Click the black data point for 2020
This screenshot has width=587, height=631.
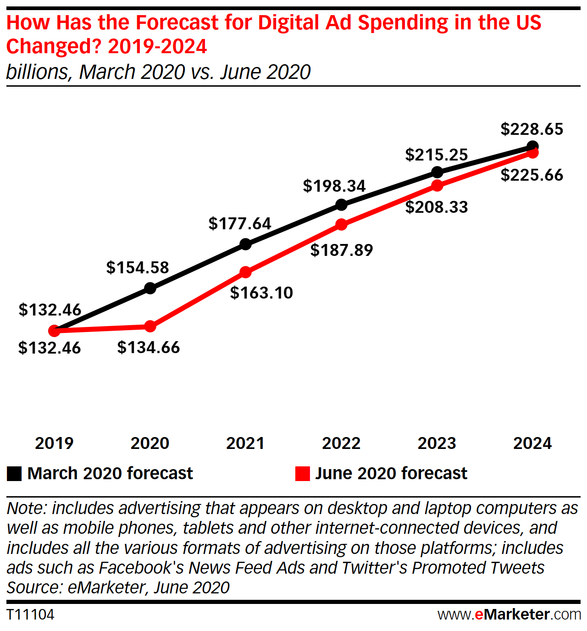150,288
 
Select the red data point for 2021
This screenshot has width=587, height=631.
246,272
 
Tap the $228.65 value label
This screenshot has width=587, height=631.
532,129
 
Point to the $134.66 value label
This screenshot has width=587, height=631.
149,348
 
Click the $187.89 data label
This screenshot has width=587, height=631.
342,250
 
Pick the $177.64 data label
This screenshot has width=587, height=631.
240,224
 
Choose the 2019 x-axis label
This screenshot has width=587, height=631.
54,443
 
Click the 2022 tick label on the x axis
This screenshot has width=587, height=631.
341,443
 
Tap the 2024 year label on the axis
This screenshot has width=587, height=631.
532,443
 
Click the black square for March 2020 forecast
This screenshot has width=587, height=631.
14,474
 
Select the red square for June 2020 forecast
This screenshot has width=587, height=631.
303,474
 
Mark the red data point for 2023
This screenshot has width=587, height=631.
437,186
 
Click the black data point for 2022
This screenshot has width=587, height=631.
341,205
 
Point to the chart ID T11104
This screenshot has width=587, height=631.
30,614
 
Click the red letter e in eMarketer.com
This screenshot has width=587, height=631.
479,614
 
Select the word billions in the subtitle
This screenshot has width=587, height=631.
37,72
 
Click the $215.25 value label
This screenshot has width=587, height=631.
437,155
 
